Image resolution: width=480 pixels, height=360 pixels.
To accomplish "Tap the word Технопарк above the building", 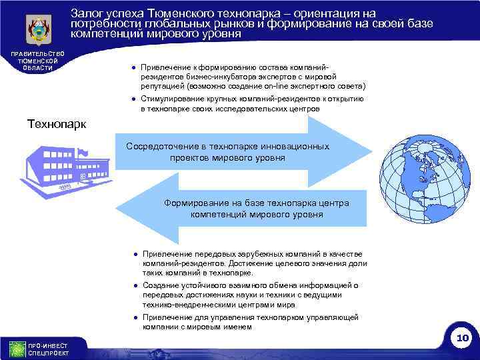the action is pyautogui.click(x=57, y=124).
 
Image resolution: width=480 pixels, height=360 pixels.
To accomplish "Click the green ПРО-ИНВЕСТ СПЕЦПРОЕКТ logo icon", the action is pyautogui.click(x=16, y=348).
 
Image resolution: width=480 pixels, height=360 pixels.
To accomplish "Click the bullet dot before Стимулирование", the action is pyautogui.click(x=134, y=99).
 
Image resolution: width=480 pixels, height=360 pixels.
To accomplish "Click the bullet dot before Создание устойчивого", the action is pyautogui.click(x=134, y=285).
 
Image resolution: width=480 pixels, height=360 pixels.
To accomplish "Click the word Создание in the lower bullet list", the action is pyautogui.click(x=159, y=285).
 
